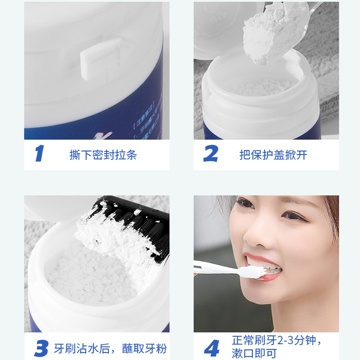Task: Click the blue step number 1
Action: click(40, 153)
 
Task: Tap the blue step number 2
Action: click(210, 153)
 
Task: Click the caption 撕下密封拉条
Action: click(103, 155)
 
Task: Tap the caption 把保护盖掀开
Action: click(273, 155)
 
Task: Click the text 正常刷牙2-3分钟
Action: click(278, 340)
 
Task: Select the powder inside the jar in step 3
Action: click(90, 274)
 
